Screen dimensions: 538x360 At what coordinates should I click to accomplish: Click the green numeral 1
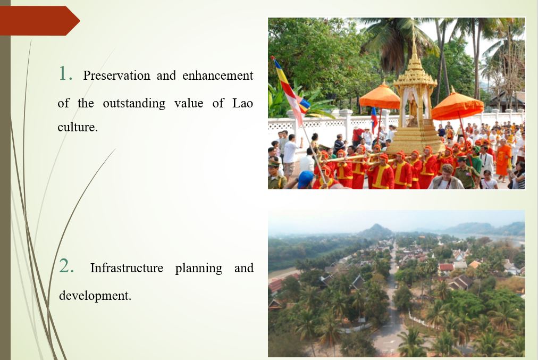tap(65, 73)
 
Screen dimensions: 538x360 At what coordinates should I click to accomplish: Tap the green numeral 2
tap(66, 266)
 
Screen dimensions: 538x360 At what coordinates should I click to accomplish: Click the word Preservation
tap(116, 76)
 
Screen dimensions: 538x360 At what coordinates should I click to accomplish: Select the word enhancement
tap(217, 76)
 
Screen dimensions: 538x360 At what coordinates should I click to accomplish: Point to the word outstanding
tap(134, 104)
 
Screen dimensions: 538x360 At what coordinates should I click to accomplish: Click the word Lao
tap(242, 103)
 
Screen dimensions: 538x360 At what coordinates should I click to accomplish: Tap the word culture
tap(78, 127)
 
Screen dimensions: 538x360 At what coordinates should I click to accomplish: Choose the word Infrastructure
tap(127, 267)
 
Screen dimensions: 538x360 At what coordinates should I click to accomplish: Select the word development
tap(95, 296)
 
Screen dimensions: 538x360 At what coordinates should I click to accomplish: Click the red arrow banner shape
tap(40, 21)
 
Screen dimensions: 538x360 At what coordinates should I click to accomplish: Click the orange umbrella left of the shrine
tap(380, 97)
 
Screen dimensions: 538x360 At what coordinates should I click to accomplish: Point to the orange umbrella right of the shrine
tap(457, 105)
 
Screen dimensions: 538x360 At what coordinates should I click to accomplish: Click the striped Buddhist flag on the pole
tap(291, 90)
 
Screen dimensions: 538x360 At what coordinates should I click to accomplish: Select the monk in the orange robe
tap(503, 160)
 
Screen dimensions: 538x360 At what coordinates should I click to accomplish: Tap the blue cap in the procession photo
tap(305, 179)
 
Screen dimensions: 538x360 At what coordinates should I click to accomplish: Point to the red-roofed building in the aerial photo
tap(447, 267)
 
